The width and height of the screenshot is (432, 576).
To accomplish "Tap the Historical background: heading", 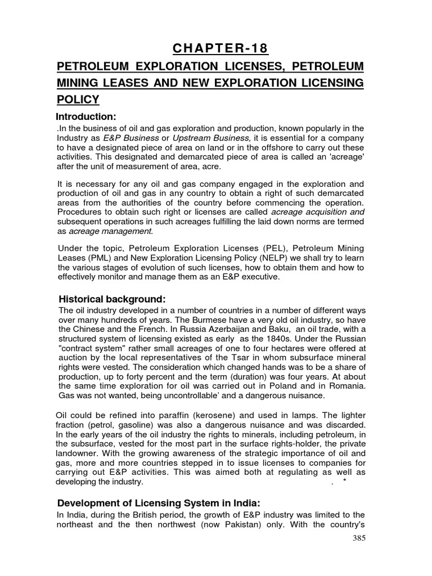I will coord(112,298).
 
